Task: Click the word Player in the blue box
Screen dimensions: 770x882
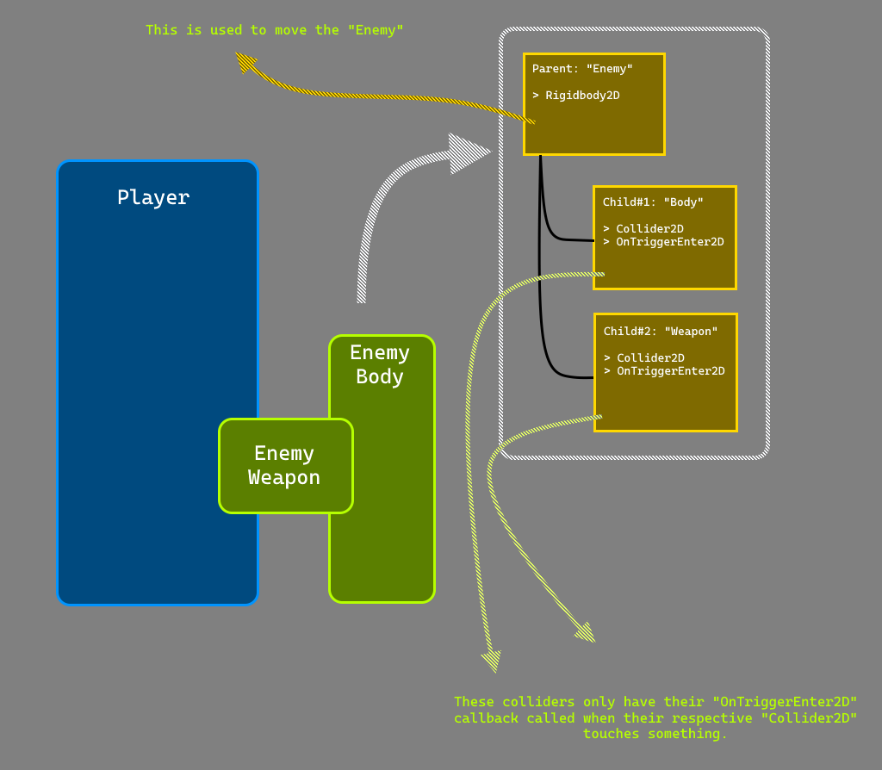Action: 153,197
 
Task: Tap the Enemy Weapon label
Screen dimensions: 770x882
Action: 284,465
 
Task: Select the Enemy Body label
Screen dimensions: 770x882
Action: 380,364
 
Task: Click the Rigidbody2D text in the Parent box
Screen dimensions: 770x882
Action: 582,96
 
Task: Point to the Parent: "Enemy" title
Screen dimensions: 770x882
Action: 582,69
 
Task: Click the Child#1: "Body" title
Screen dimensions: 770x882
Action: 653,202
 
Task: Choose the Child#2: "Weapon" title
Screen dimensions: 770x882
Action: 661,332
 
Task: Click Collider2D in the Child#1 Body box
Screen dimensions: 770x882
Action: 649,229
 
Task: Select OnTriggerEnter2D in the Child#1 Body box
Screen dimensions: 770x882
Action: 669,242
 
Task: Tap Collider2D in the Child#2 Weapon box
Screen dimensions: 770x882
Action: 650,358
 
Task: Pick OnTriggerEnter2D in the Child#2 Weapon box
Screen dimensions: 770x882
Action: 670,371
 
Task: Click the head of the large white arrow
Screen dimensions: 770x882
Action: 469,153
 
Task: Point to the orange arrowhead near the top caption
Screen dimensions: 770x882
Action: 245,62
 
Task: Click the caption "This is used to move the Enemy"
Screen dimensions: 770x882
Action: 274,30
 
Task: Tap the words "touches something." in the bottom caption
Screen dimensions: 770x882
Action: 655,734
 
